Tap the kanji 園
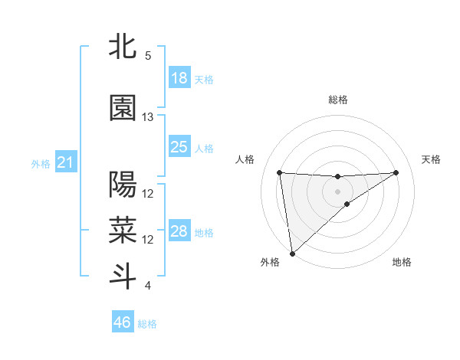(122, 108)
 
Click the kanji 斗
(122, 276)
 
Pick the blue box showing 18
(179, 78)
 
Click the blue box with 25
(179, 146)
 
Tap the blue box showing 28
(179, 231)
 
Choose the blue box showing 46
(123, 322)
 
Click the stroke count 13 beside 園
(148, 117)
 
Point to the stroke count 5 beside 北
(148, 56)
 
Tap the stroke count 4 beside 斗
(148, 286)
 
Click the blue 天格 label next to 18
(204, 79)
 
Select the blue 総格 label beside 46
(147, 324)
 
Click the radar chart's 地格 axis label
(402, 263)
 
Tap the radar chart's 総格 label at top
(338, 100)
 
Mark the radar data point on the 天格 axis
(396, 172)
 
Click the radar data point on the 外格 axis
(291, 254)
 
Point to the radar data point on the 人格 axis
(280, 172)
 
